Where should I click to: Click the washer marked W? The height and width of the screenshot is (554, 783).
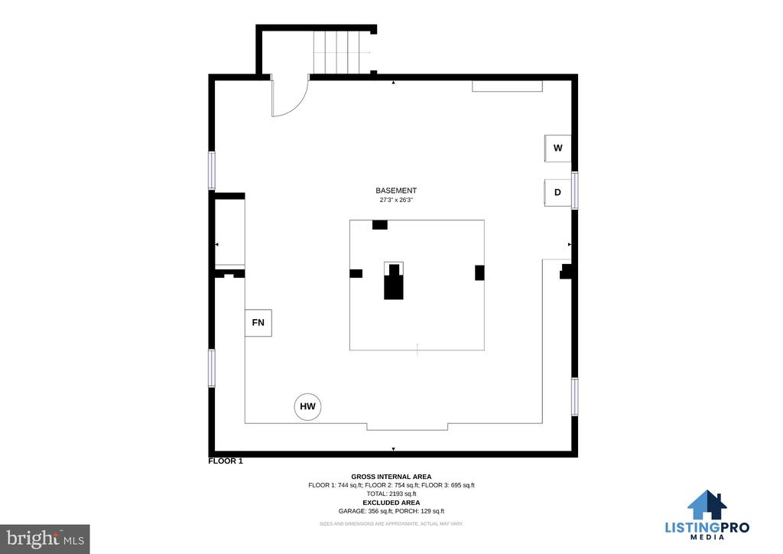coord(557,148)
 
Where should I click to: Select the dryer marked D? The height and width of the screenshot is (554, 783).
coord(557,192)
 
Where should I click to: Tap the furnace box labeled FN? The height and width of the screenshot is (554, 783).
coord(258,323)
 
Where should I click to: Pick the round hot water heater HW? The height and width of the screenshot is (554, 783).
coord(307,406)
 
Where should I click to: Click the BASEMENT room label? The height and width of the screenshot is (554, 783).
coord(396,191)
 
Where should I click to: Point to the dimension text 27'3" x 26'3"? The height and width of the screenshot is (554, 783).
coord(396,200)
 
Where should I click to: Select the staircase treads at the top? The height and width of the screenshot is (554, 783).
coord(336,53)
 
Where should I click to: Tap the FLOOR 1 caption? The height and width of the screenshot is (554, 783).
coord(226,461)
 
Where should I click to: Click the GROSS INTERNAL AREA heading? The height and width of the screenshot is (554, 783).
coord(391,477)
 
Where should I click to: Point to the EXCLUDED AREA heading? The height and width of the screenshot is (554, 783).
coord(391,503)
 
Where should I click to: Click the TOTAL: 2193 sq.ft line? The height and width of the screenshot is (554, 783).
coord(391,494)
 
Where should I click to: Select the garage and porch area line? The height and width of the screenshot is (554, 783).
coord(391,511)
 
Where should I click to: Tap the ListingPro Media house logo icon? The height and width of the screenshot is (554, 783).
coord(707,504)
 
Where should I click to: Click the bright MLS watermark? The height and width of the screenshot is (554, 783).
coord(45,539)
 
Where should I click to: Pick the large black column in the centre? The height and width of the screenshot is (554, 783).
coord(394,282)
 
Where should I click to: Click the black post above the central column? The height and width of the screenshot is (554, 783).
coord(380,225)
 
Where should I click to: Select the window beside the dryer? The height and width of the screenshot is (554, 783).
coord(575,191)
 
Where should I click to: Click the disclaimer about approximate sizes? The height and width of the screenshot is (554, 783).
coord(391,523)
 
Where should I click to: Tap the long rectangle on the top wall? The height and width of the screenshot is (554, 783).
coord(508,86)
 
